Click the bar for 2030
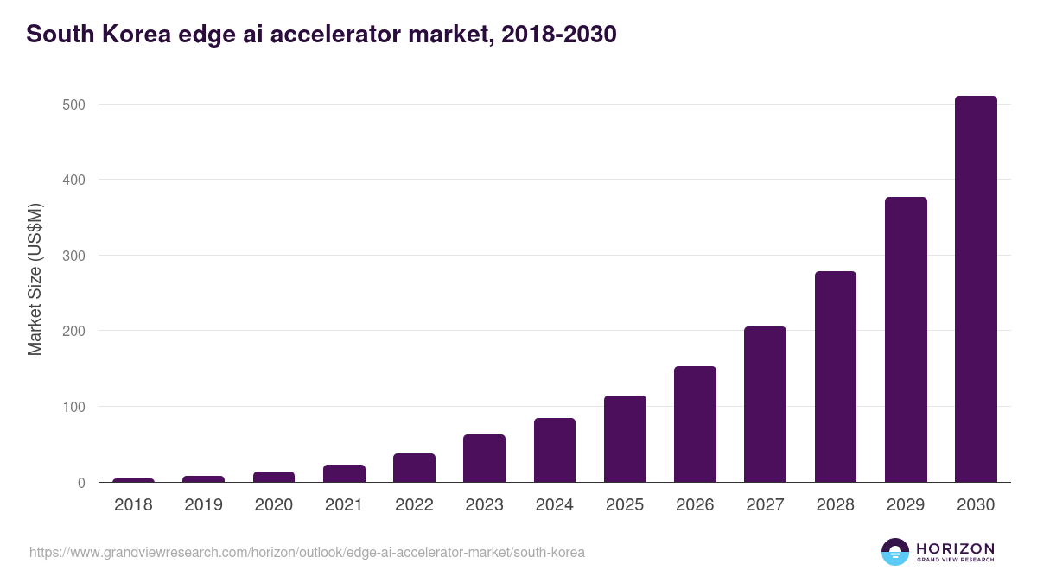click(x=976, y=288)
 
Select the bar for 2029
click(x=906, y=339)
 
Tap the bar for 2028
click(x=836, y=377)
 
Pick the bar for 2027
click(x=765, y=404)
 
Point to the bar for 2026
click(x=695, y=424)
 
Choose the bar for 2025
click(x=625, y=439)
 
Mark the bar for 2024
click(x=555, y=450)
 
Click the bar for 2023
click(x=484, y=459)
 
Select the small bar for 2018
click(x=133, y=480)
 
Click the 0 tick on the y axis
click(x=81, y=483)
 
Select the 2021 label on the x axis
click(x=344, y=505)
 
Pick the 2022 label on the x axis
click(x=414, y=505)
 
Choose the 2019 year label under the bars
click(x=203, y=505)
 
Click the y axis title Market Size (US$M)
click(x=35, y=279)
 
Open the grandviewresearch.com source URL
click(x=307, y=552)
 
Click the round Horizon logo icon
click(x=895, y=552)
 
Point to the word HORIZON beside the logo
click(x=955, y=548)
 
